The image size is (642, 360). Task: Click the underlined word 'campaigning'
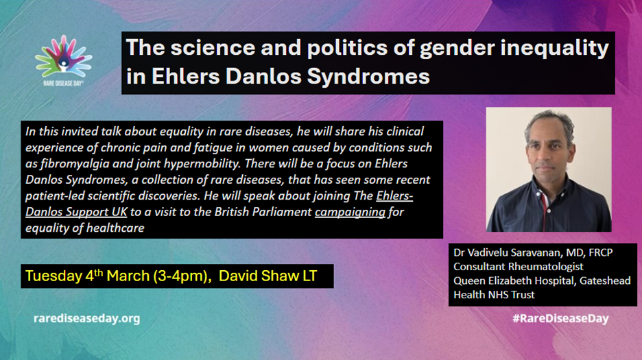tap(350, 212)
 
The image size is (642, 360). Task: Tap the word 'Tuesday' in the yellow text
tap(53, 276)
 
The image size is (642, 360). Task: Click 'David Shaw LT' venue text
tap(267, 276)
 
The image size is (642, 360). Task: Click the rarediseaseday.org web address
tap(87, 318)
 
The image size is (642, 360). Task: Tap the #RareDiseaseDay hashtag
tap(560, 318)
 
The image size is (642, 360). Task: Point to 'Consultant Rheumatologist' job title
tap(519, 267)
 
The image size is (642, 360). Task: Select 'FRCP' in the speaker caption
tap(601, 252)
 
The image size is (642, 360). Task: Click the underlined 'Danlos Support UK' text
tap(76, 212)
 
